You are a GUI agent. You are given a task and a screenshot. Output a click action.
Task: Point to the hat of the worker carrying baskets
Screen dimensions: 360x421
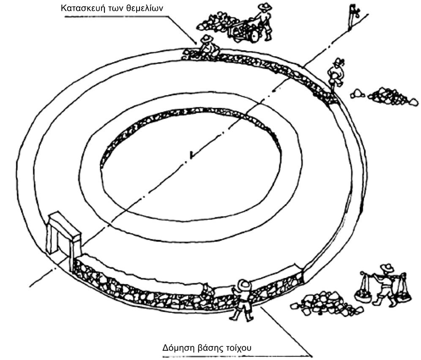(x=387, y=267)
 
